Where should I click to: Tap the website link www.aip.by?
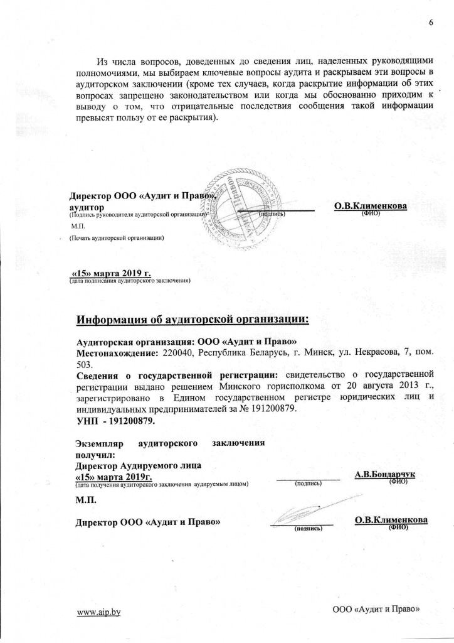click(98, 612)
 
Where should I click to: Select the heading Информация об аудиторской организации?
click(193, 320)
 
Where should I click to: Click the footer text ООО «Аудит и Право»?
click(375, 609)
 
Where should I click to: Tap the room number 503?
click(84, 365)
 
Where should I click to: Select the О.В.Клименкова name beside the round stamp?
click(371, 206)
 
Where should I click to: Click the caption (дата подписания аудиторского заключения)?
click(129, 281)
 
